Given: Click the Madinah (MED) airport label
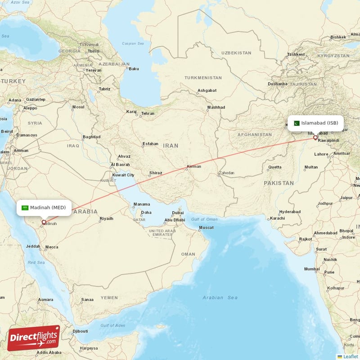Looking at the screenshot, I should pyautogui.click(x=48, y=207).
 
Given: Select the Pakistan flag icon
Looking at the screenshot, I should pyautogui.click(x=297, y=123).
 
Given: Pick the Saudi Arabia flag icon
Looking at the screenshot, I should pyautogui.click(x=25, y=207).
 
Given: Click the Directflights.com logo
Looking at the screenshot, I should pyautogui.click(x=33, y=338).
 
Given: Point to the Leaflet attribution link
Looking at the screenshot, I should pyautogui.click(x=350, y=356).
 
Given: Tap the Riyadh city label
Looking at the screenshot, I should pyautogui.click(x=106, y=219).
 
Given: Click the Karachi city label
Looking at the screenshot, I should pyautogui.click(x=277, y=218).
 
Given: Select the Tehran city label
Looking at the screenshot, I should pyautogui.click(x=148, y=114).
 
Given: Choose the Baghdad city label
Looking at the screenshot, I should pyautogui.click(x=91, y=137).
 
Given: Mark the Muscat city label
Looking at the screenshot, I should pyautogui.click(x=206, y=228).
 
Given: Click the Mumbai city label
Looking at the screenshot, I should pyautogui.click(x=312, y=269).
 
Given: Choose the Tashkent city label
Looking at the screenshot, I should pyautogui.click(x=296, y=54).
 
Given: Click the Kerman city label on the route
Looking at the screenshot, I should pyautogui.click(x=194, y=166).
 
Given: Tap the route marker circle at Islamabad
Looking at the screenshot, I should pyautogui.click(x=315, y=137).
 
